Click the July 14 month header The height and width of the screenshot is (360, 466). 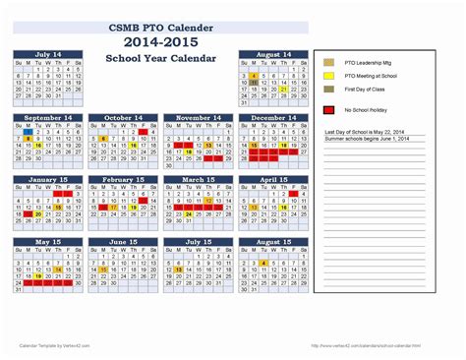(x=49, y=55)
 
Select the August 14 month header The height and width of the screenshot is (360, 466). (x=272, y=55)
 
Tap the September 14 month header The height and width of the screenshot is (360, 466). (x=49, y=117)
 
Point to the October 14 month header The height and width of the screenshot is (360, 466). (x=124, y=117)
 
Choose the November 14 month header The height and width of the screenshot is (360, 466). (x=198, y=117)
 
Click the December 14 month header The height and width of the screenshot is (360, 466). (x=272, y=117)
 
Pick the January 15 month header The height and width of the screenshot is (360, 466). (x=49, y=180)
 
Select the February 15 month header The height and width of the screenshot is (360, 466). (x=124, y=180)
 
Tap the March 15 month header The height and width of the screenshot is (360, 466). (x=198, y=180)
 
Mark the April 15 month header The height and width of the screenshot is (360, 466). (x=272, y=180)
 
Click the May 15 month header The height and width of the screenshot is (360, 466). (x=49, y=242)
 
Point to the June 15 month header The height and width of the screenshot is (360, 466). (x=124, y=242)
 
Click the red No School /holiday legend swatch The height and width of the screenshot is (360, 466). (x=326, y=110)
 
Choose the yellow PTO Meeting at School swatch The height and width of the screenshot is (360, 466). (x=326, y=75)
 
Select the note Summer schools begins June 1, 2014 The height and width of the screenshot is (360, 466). (x=369, y=139)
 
